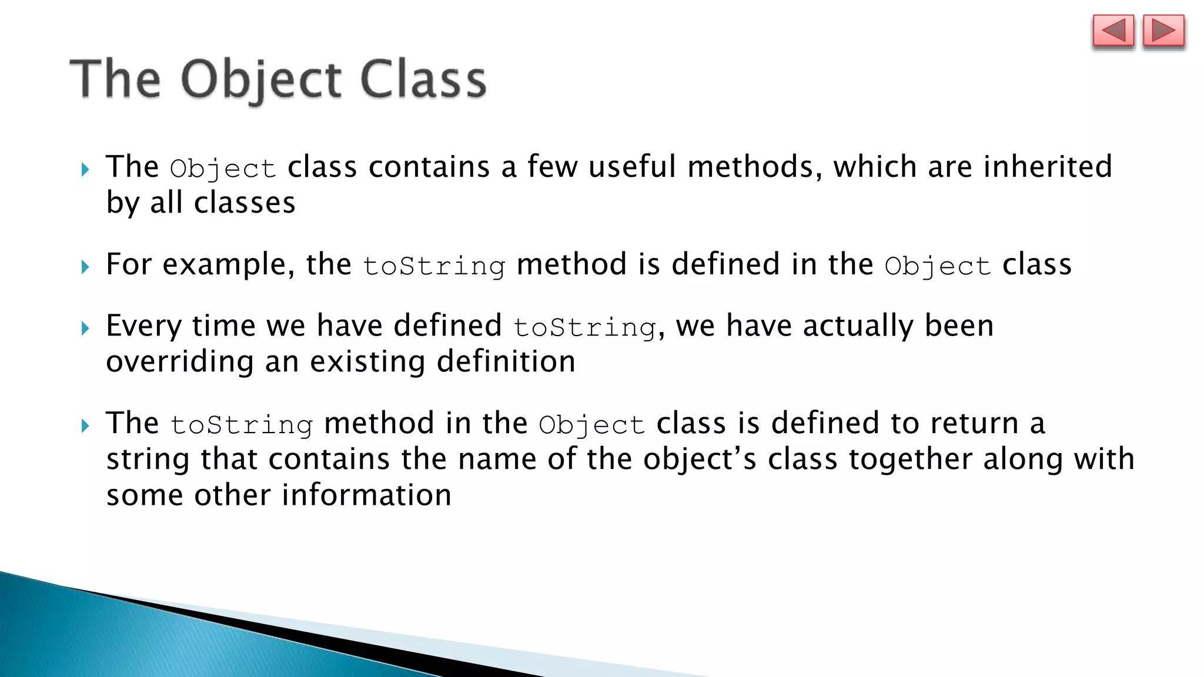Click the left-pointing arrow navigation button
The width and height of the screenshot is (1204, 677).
[x=1113, y=31]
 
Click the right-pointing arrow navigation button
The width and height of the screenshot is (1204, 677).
[x=1163, y=31]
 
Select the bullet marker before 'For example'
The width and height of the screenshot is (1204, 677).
[x=86, y=267]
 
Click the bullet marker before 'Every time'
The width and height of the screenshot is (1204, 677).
[x=86, y=329]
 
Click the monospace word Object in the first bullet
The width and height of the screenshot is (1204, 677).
[x=223, y=169]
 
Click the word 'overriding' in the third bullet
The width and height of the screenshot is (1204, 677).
[x=180, y=361]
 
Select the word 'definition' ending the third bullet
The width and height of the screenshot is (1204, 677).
[x=506, y=361]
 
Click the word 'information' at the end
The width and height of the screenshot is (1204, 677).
[x=366, y=495]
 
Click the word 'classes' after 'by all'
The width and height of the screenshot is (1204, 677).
[x=245, y=203]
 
